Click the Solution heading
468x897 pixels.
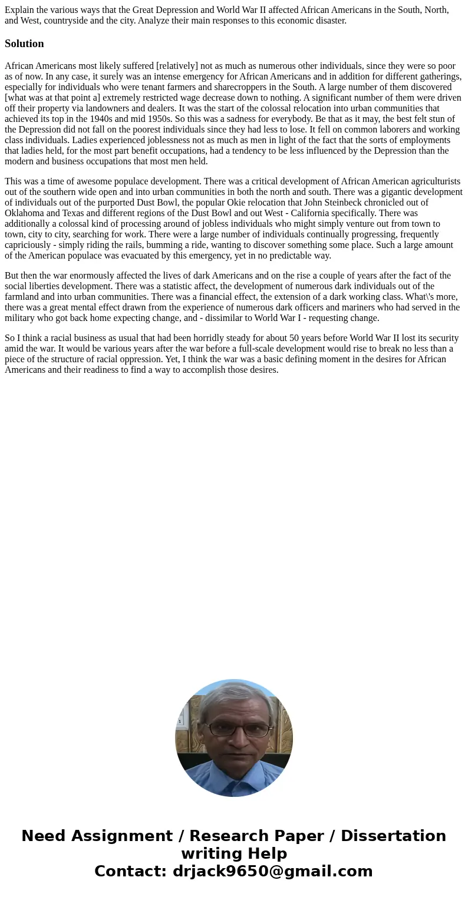(24, 44)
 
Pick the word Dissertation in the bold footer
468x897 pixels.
(393, 836)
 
